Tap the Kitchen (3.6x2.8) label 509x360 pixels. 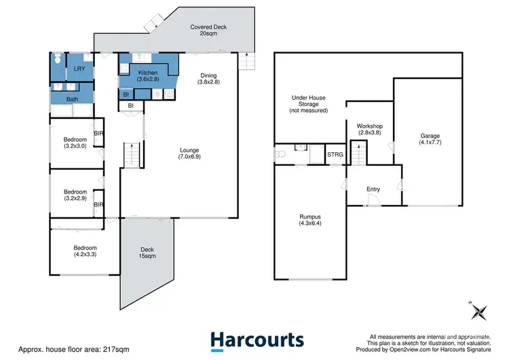[148, 76]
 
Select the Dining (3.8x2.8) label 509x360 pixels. [208, 78]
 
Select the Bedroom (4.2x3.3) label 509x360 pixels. [86, 252]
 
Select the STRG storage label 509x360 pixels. [335, 156]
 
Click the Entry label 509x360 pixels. [373, 190]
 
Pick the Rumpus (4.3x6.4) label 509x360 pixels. [309, 221]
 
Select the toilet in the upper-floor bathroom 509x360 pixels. [59, 58]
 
